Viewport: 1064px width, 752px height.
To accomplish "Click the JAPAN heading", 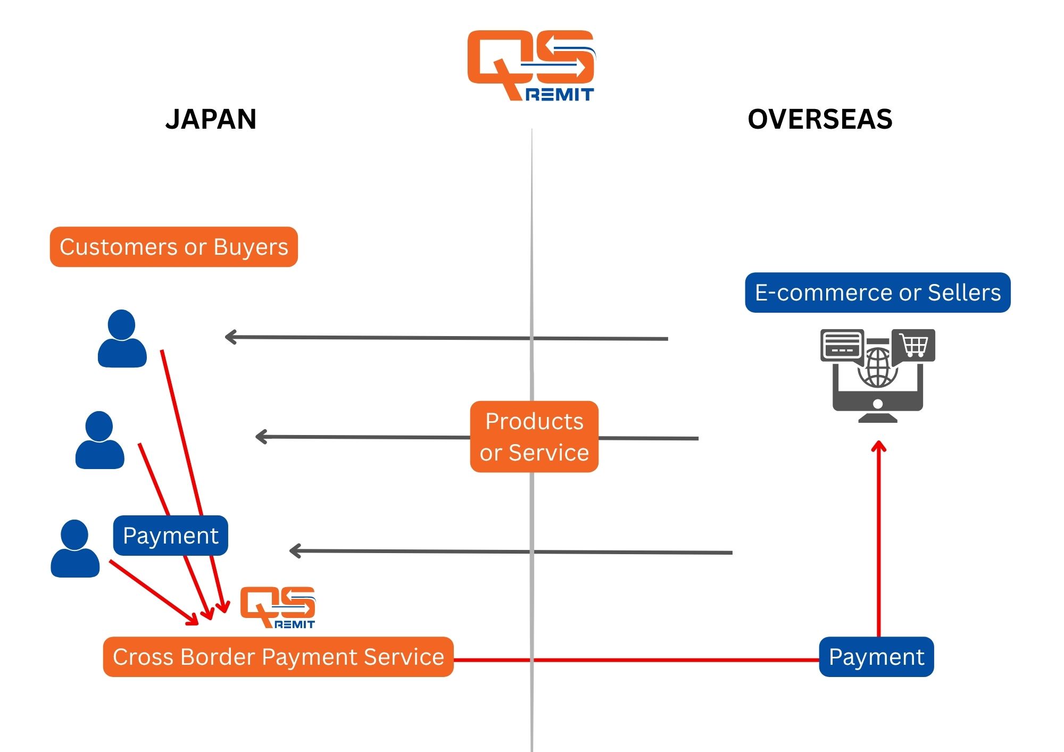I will pos(211,119).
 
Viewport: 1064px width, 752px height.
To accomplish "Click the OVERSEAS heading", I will pos(820,119).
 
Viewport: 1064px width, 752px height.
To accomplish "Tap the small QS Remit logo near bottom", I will pos(278,607).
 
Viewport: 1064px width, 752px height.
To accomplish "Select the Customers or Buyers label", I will pos(173,247).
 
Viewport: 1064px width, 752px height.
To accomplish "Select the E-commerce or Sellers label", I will pos(877,293).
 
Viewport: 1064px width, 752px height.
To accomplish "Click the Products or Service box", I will pos(534,437).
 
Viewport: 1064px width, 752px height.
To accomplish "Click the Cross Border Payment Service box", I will pos(278,657).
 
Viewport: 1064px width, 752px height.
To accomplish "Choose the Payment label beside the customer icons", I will pos(170,536).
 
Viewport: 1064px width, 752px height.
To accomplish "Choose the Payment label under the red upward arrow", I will pos(876,657).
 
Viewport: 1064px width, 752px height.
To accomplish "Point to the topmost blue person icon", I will pos(122,339).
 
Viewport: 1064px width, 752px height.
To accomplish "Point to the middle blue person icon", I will pos(99,440).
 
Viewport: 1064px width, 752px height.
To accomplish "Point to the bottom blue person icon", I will pos(75,548).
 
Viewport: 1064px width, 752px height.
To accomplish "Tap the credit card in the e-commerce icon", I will pos(842,345).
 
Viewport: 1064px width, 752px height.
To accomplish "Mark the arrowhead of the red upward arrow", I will pos(878,447).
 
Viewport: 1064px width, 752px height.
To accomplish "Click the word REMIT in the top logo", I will pos(560,95).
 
